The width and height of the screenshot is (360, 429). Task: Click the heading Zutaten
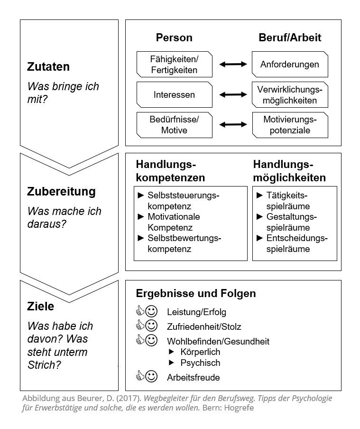pyautogui.click(x=48, y=66)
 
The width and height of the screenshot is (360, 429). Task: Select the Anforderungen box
pyautogui.click(x=290, y=64)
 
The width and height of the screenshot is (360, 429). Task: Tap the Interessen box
pyautogui.click(x=174, y=94)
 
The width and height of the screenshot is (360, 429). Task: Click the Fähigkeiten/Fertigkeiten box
pyautogui.click(x=174, y=65)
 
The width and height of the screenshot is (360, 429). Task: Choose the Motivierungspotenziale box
pyautogui.click(x=290, y=124)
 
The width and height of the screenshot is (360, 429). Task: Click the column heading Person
pyautogui.click(x=174, y=37)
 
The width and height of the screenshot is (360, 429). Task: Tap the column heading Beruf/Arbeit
pyautogui.click(x=290, y=37)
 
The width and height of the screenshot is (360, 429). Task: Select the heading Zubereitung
pyautogui.click(x=61, y=192)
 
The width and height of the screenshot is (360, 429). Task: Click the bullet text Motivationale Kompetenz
pyautogui.click(x=174, y=222)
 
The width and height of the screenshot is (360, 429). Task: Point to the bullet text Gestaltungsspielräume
pyautogui.click(x=291, y=222)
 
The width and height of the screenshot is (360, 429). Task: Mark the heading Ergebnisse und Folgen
pyautogui.click(x=196, y=293)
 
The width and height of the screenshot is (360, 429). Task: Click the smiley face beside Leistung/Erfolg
pyautogui.click(x=151, y=311)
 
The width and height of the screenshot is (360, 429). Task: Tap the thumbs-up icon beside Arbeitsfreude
pyautogui.click(x=140, y=377)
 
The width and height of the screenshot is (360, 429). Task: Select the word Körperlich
pyautogui.click(x=200, y=352)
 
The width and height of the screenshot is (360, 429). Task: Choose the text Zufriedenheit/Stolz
pyautogui.click(x=204, y=326)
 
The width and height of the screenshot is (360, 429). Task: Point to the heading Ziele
pyautogui.click(x=41, y=307)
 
